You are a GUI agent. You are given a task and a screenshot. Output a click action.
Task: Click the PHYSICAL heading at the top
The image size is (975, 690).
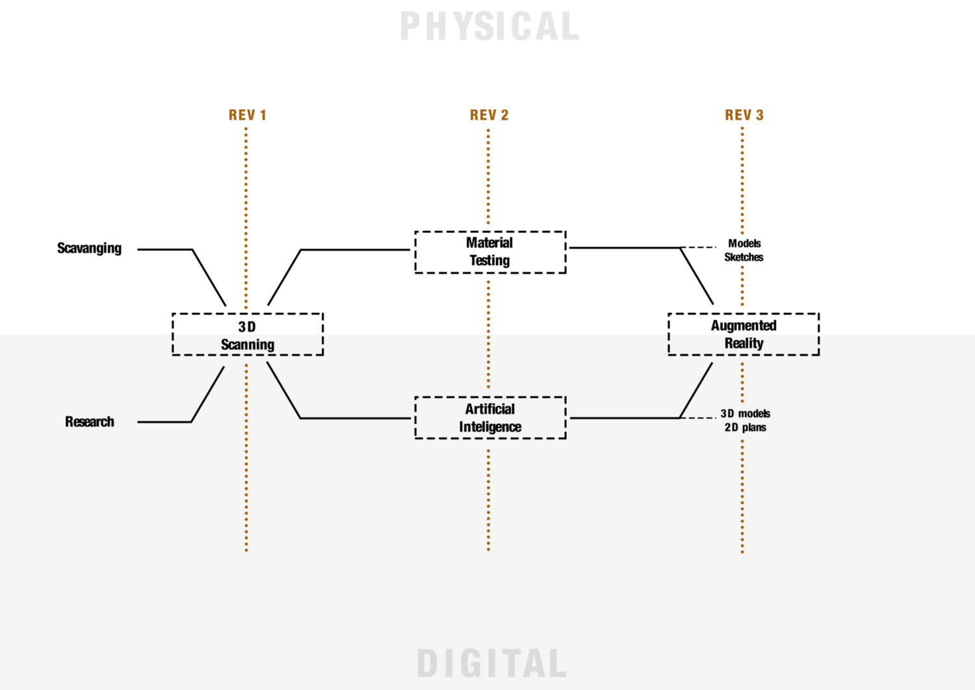[489, 27]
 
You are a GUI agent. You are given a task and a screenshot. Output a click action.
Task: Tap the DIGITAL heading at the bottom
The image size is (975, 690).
[491, 663]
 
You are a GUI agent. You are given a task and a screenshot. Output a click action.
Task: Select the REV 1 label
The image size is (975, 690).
[247, 115]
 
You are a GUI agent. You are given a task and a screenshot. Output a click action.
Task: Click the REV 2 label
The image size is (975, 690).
[489, 115]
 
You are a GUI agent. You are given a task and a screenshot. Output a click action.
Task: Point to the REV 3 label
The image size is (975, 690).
[744, 115]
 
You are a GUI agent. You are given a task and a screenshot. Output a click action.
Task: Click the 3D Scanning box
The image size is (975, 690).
[248, 334]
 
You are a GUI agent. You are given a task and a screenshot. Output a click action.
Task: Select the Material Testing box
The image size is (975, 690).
[490, 252]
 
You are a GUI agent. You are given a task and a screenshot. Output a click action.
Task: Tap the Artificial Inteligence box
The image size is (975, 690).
[490, 418]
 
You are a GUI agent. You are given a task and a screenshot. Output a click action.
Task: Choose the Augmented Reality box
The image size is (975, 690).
[744, 334]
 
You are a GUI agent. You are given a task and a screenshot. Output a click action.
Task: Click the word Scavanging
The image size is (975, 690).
[89, 248]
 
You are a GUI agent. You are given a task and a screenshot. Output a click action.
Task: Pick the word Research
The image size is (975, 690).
[89, 421]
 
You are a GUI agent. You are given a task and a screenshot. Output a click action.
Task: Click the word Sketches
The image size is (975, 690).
[744, 258]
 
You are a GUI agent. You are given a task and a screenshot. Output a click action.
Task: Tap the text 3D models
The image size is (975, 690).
[745, 414]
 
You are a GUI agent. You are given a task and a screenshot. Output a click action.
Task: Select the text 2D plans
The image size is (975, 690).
[745, 428]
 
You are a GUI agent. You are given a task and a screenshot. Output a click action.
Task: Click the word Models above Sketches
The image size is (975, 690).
[744, 243]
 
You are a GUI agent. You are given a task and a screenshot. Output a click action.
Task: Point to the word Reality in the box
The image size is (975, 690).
[744, 343]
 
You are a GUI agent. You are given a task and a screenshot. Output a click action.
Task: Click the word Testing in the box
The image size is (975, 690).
[489, 261]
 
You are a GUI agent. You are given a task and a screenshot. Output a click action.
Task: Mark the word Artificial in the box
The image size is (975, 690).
[489, 409]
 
